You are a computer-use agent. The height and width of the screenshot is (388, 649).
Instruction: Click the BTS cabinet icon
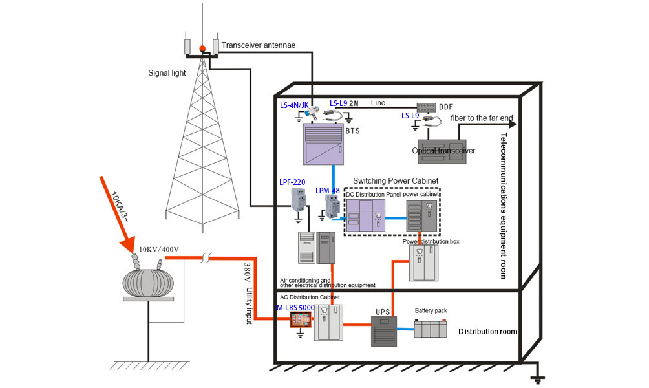[326, 145]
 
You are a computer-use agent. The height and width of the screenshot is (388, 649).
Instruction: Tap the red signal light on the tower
[202, 48]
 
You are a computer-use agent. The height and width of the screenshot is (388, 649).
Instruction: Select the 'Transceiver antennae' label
[258, 46]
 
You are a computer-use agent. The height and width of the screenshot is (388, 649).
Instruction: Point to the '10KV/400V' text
[158, 249]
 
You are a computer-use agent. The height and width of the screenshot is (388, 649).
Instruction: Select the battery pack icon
[431, 329]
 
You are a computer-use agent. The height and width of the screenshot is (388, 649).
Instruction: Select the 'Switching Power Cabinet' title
[396, 180]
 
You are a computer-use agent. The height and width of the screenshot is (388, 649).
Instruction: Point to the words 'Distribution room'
[488, 332]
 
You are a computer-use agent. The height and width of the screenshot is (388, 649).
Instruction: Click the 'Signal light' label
[167, 73]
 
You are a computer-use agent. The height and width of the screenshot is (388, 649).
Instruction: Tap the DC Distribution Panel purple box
[365, 215]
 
